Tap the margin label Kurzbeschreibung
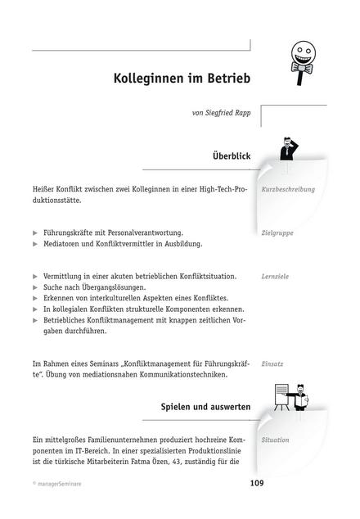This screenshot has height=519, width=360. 287,190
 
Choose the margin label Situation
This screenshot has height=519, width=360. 276,440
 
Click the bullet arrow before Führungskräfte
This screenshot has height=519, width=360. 35,233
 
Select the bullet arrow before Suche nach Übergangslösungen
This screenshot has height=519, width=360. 35,288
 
